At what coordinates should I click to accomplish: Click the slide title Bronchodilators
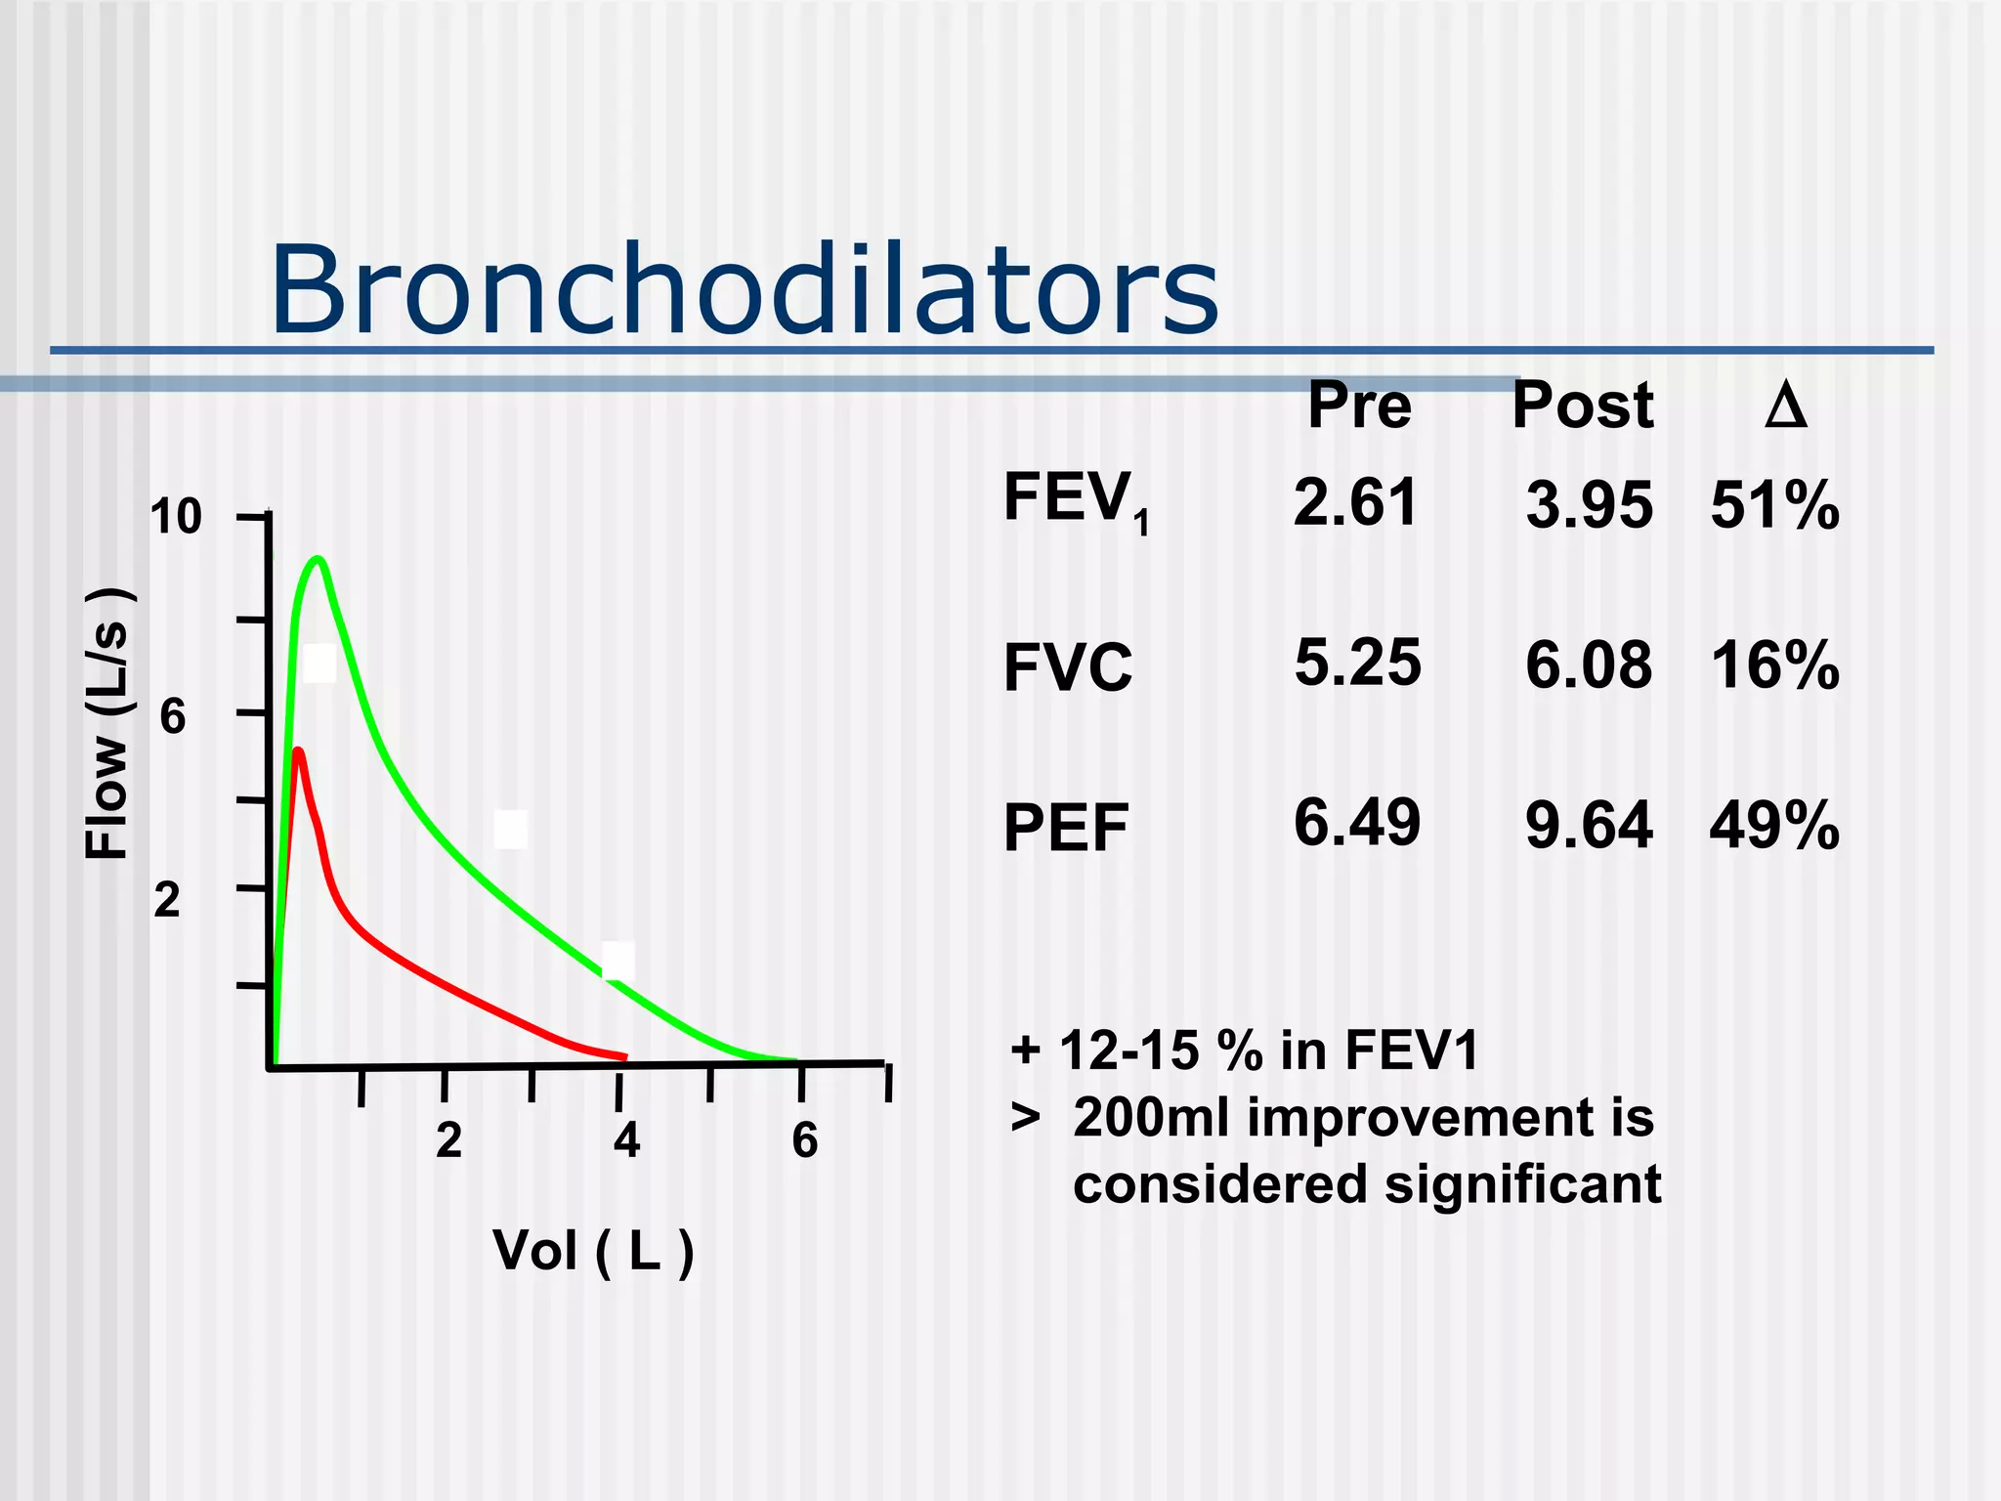pyautogui.click(x=744, y=290)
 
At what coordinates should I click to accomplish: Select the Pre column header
pyautogui.click(x=1359, y=406)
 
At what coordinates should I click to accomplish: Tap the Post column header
pyautogui.click(x=1582, y=406)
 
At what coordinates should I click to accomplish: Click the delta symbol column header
pyautogui.click(x=1785, y=406)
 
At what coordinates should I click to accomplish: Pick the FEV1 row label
pyautogui.click(x=1075, y=500)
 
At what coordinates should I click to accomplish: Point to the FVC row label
pyautogui.click(x=1067, y=668)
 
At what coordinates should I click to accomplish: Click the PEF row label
pyautogui.click(x=1065, y=829)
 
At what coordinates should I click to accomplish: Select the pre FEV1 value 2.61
pyautogui.click(x=1355, y=502)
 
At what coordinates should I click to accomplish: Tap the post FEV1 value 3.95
pyautogui.click(x=1589, y=506)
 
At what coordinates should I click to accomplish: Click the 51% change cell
pyautogui.click(x=1774, y=506)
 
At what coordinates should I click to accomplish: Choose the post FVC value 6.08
pyautogui.click(x=1589, y=665)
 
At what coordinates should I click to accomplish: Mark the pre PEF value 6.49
pyautogui.click(x=1356, y=823)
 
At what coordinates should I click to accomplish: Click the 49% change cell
pyautogui.click(x=1774, y=827)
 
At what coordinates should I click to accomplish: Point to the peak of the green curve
pyautogui.click(x=318, y=560)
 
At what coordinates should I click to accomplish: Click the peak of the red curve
pyautogui.click(x=298, y=751)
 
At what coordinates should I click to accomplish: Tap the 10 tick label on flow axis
pyautogui.click(x=176, y=517)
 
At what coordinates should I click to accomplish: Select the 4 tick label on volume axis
pyautogui.click(x=626, y=1140)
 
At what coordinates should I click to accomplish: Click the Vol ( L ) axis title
pyautogui.click(x=593, y=1250)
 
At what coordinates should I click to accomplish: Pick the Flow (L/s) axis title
pyautogui.click(x=106, y=724)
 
